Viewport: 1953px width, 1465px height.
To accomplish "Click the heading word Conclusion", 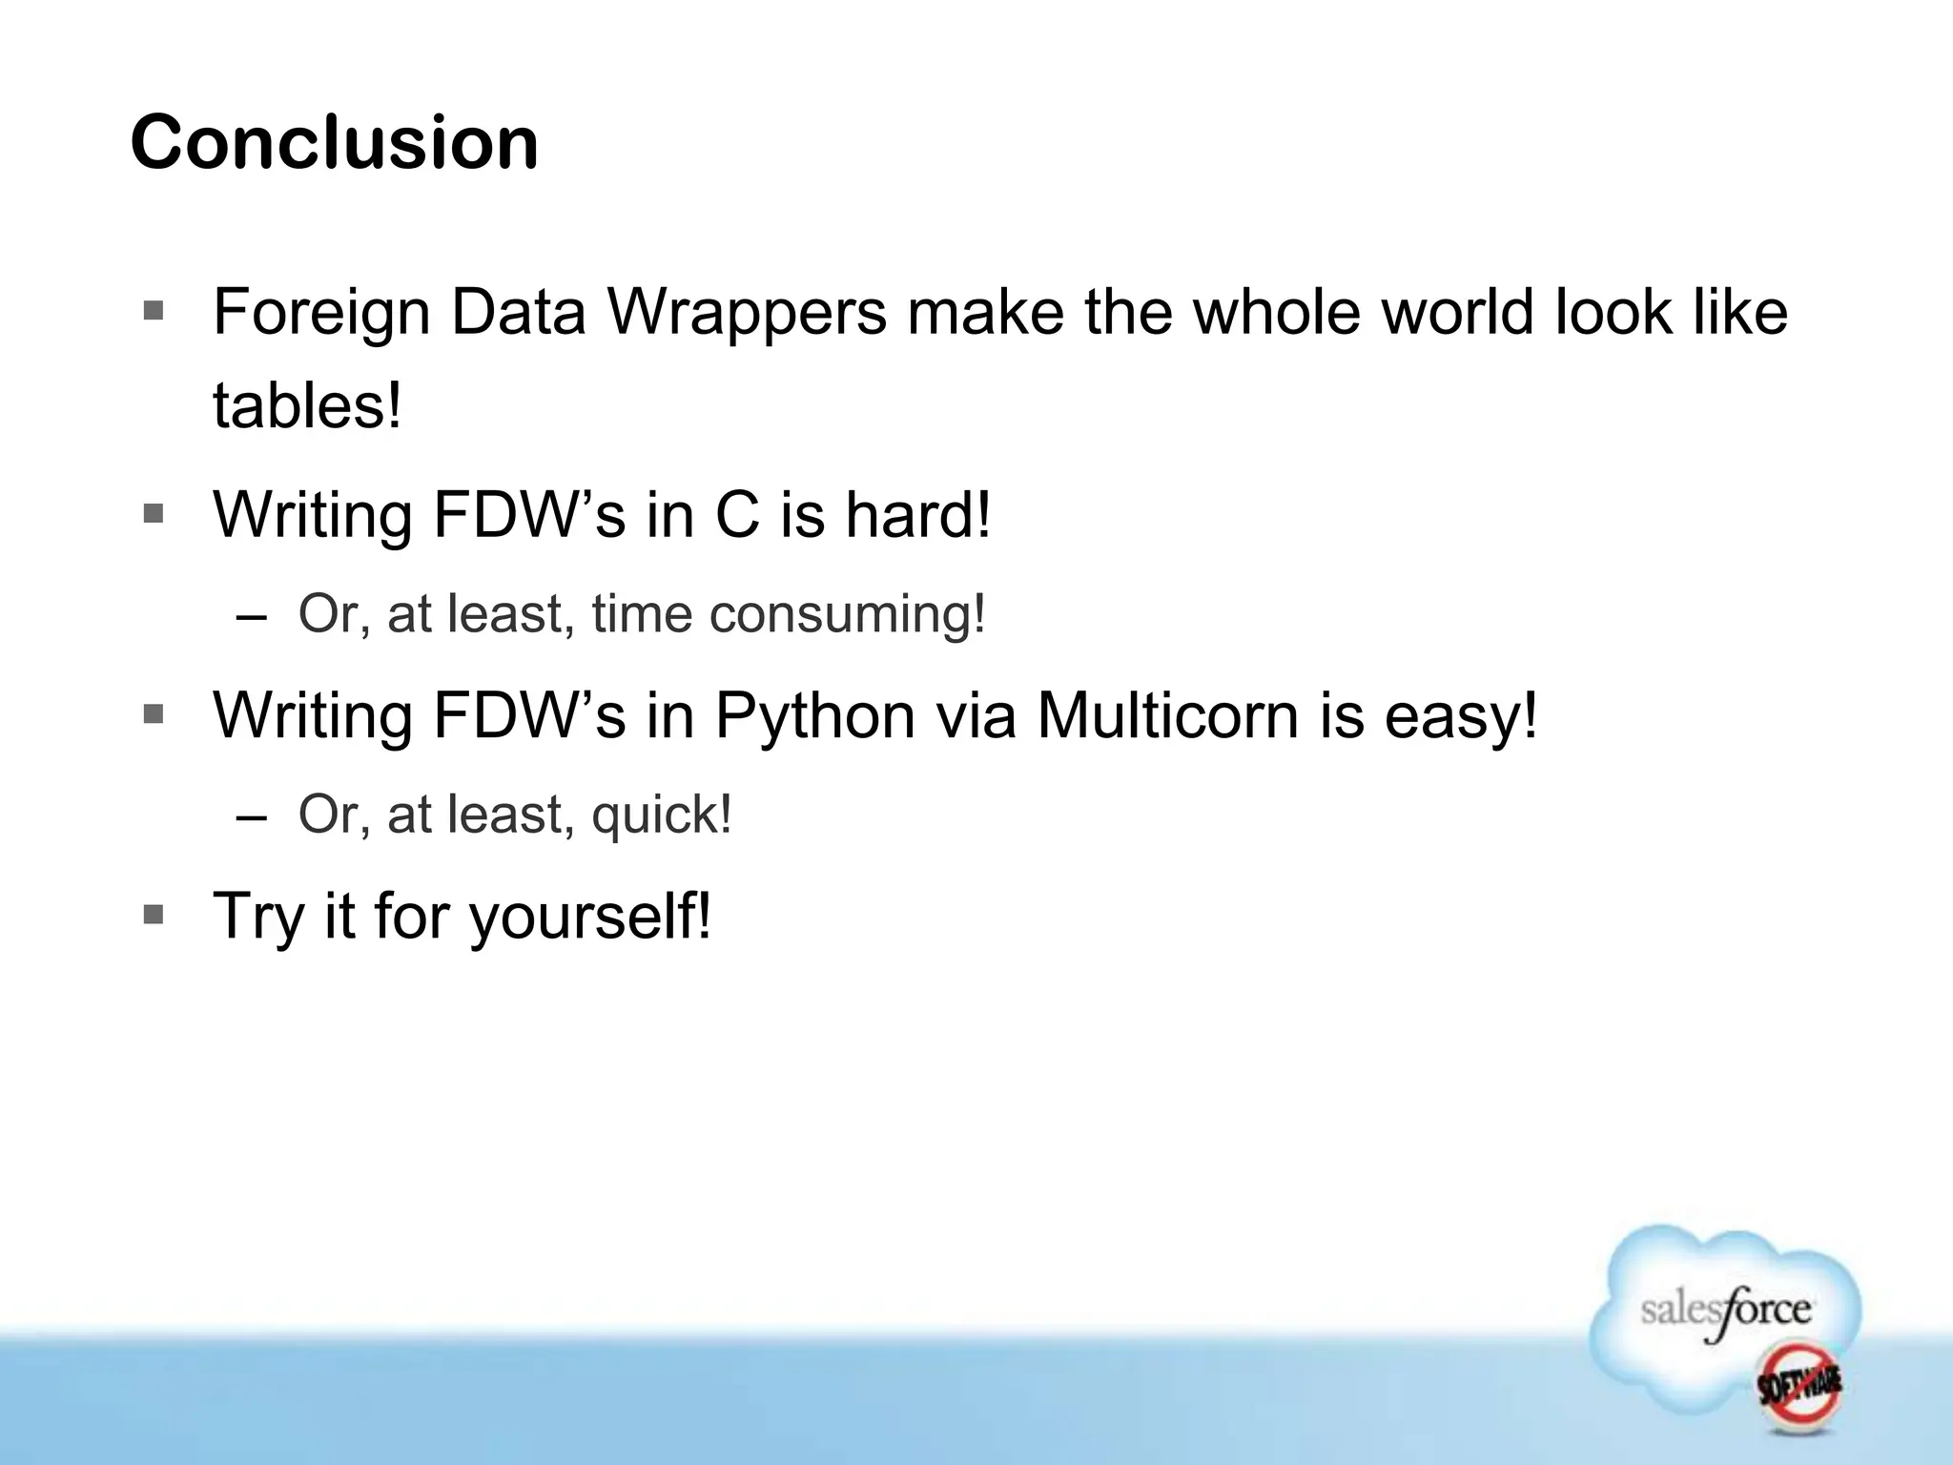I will coord(334,143).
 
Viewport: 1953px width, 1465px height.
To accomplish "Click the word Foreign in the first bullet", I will coord(321,312).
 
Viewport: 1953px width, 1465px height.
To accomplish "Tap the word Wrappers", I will coord(747,312).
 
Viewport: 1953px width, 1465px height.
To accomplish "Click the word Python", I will coord(814,714).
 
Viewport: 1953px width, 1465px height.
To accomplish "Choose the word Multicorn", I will coord(1167,714).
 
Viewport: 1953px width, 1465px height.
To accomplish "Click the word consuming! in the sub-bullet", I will coord(848,613).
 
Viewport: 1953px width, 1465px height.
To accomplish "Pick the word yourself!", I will coord(589,916).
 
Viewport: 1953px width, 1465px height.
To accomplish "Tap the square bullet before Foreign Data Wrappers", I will coord(153,311).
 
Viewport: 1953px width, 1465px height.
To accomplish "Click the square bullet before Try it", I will coord(153,915).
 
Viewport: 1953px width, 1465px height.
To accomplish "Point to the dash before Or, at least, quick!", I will coord(251,816).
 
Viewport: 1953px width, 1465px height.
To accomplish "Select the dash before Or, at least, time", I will coord(251,615).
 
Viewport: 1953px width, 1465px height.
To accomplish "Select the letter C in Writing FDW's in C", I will coord(736,514).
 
